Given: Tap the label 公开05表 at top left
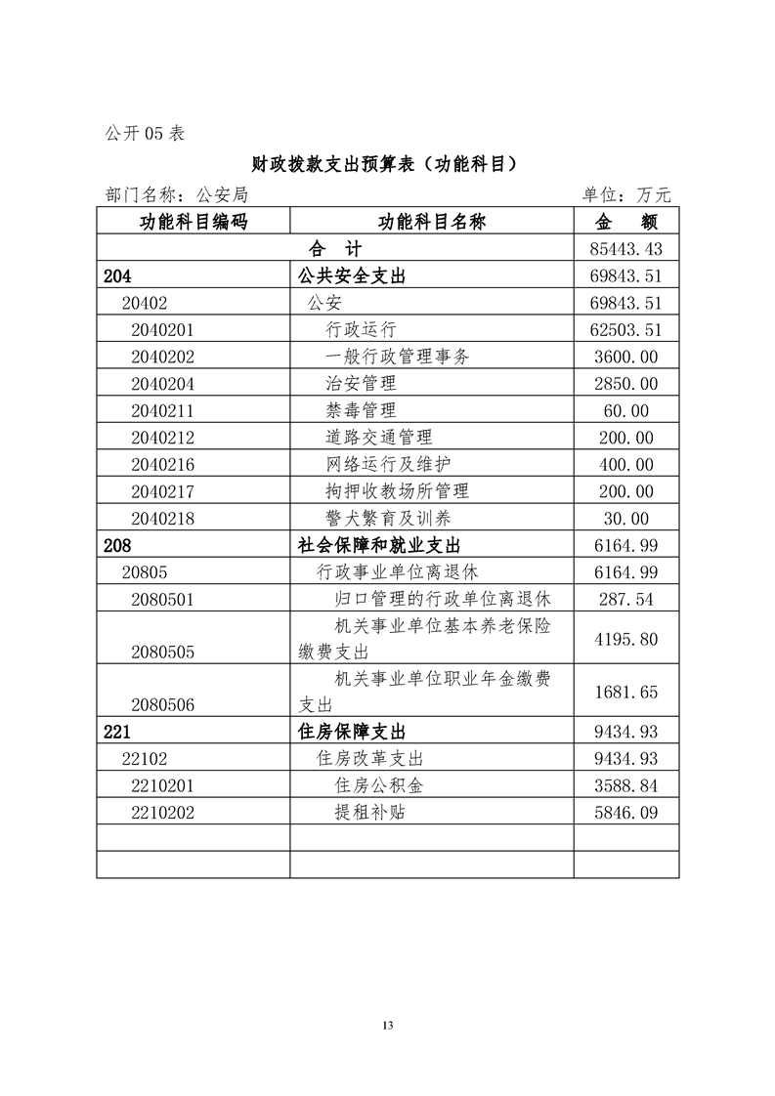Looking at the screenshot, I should click(x=144, y=134).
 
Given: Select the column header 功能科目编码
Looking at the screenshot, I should click(x=193, y=222).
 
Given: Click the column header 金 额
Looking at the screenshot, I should click(x=625, y=222).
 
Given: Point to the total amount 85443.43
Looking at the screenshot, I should click(x=625, y=249).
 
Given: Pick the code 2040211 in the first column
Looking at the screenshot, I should click(x=163, y=410).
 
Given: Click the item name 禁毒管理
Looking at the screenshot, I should click(x=361, y=410).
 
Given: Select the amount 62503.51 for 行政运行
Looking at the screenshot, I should click(x=625, y=329).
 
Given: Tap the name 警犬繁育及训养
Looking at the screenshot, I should click(x=388, y=519).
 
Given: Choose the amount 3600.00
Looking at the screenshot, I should click(x=625, y=357).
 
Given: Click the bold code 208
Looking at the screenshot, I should click(x=116, y=545).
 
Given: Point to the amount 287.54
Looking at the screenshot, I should click(x=625, y=600).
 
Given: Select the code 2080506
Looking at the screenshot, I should click(x=163, y=702).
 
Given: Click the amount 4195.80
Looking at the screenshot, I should click(x=625, y=639).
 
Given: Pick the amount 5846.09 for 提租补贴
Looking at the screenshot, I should click(x=625, y=812).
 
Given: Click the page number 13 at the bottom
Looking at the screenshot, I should click(x=388, y=1025).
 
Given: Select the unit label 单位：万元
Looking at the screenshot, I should click(x=626, y=195).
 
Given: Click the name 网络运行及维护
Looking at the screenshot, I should click(x=388, y=464).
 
